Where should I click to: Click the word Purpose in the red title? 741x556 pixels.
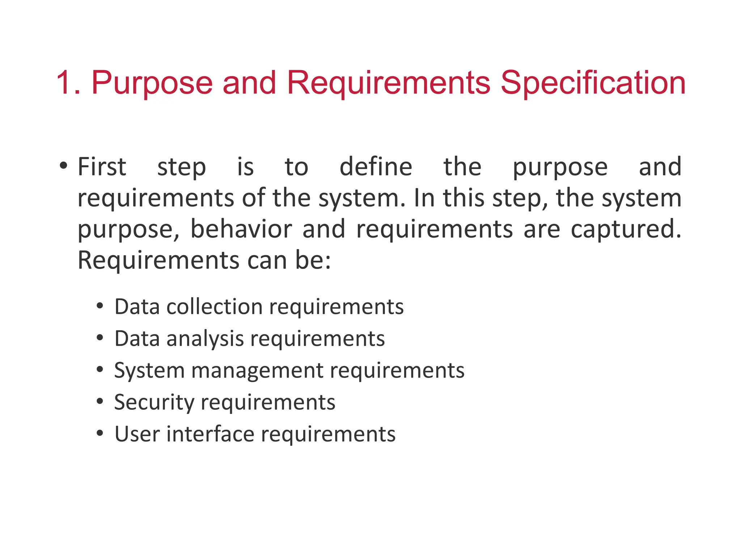click(x=152, y=84)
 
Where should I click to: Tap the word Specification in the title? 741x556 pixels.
click(x=593, y=84)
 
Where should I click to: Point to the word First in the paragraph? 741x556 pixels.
click(x=102, y=167)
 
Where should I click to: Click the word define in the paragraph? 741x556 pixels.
click(x=376, y=167)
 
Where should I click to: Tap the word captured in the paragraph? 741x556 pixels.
click(x=626, y=229)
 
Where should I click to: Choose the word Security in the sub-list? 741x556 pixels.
click(x=154, y=403)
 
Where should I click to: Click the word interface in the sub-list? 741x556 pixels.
click(x=210, y=434)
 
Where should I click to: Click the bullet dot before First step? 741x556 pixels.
click(x=64, y=166)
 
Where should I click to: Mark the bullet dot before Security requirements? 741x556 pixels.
click(x=100, y=401)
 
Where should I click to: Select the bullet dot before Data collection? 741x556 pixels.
click(x=100, y=306)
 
